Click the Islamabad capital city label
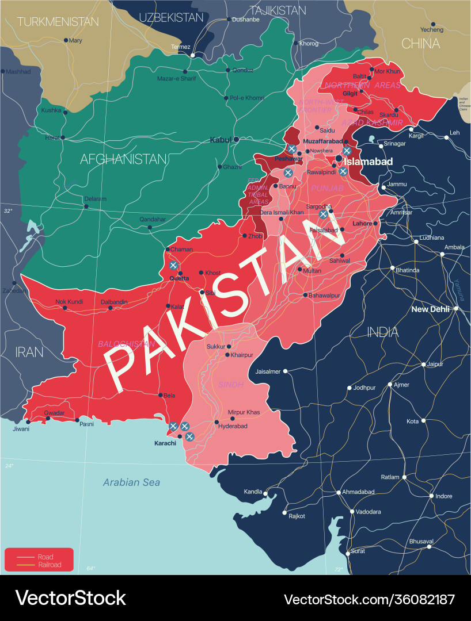(368, 162)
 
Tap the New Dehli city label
(431, 309)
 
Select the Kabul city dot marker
(236, 139)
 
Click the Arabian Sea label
(131, 482)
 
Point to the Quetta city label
(179, 278)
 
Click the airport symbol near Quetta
(173, 265)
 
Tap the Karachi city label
(165, 443)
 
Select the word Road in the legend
(45, 557)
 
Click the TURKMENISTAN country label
(58, 22)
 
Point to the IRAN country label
(29, 352)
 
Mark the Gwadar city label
(54, 413)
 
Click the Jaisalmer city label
(268, 371)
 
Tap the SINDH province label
(231, 384)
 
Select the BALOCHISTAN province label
(126, 344)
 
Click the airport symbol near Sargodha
(324, 214)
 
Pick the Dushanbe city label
(246, 19)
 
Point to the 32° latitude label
(8, 211)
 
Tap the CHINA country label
(420, 44)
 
